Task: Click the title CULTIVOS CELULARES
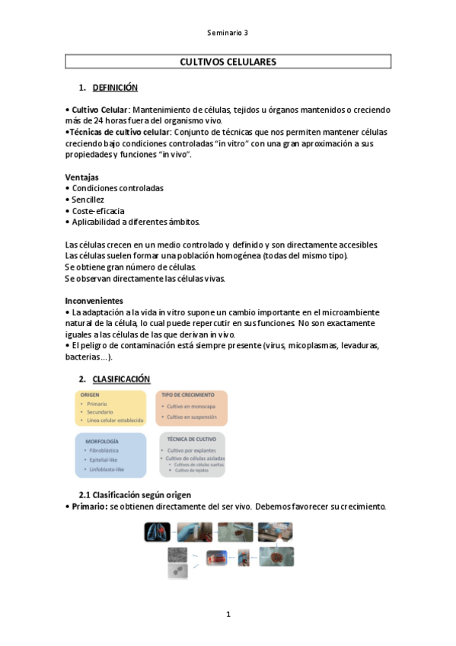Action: point(228,62)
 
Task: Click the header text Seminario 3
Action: point(228,33)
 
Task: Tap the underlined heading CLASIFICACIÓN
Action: point(122,379)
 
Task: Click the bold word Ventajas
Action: point(82,177)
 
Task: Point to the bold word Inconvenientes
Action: point(94,300)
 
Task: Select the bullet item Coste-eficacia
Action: point(98,211)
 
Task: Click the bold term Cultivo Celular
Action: point(99,110)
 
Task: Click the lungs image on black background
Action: point(158,532)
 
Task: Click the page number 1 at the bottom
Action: point(228,614)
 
